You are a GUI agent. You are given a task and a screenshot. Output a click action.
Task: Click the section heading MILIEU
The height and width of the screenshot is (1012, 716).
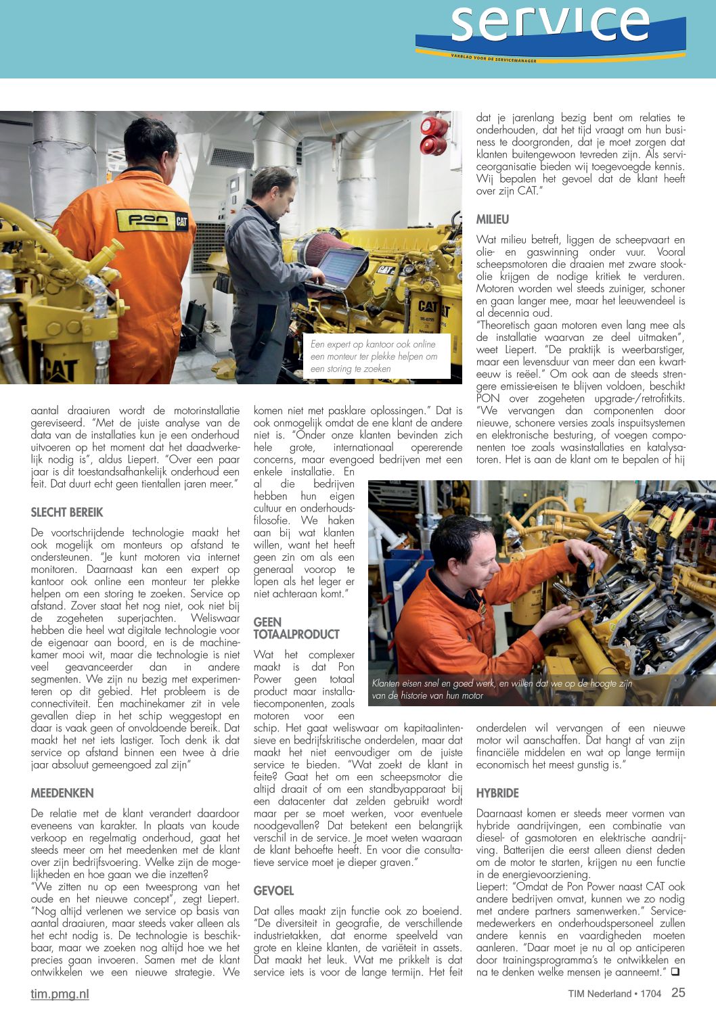492,219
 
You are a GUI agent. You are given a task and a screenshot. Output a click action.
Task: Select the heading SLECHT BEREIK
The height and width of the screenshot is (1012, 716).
67,512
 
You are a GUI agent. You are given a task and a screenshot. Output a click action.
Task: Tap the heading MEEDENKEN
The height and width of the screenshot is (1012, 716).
62,793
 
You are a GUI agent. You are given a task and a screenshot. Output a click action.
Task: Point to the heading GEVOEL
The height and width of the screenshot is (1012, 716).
273,890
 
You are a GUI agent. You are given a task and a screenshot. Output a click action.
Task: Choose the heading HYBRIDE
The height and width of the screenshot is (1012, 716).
497,793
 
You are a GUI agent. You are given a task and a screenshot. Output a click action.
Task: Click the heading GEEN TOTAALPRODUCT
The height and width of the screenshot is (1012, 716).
296,628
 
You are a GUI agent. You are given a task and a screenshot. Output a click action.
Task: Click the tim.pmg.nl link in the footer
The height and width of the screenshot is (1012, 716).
60,993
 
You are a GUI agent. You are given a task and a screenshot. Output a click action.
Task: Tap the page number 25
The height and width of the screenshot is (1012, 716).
678,992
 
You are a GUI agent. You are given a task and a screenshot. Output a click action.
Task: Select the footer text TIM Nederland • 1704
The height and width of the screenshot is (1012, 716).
614,994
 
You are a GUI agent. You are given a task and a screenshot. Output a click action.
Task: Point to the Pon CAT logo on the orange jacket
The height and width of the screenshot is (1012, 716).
152,220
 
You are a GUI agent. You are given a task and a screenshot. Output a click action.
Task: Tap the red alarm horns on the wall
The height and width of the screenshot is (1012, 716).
433,135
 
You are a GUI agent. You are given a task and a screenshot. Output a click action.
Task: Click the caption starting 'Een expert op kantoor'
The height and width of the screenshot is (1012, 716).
374,356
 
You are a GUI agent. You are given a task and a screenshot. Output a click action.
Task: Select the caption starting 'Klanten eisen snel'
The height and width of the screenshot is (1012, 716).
501,689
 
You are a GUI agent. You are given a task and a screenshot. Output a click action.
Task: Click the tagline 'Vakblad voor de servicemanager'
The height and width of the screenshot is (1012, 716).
493,59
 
